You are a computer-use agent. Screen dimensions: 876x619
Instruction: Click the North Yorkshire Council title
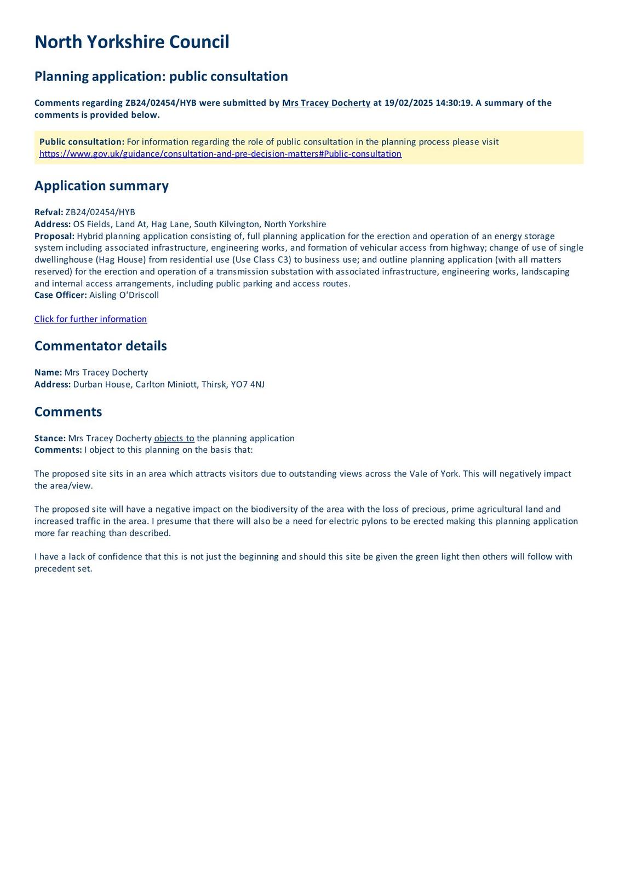point(131,42)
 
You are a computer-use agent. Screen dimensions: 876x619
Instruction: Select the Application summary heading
point(101,186)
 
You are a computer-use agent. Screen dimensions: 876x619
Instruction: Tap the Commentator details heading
point(100,346)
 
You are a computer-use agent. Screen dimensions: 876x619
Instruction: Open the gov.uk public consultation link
point(220,154)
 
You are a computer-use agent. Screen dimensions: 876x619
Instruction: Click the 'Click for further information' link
point(90,319)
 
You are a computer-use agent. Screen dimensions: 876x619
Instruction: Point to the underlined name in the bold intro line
point(326,103)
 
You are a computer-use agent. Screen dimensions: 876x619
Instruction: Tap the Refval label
point(49,212)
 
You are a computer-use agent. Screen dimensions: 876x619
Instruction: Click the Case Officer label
point(60,295)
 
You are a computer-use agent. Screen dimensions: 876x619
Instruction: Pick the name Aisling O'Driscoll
point(124,295)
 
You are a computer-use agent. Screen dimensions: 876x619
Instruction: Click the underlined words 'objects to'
point(174,438)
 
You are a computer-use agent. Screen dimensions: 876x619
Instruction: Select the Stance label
point(50,438)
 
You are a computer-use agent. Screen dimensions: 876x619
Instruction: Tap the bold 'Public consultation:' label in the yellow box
point(82,142)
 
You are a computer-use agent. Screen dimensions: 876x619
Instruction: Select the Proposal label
point(54,236)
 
